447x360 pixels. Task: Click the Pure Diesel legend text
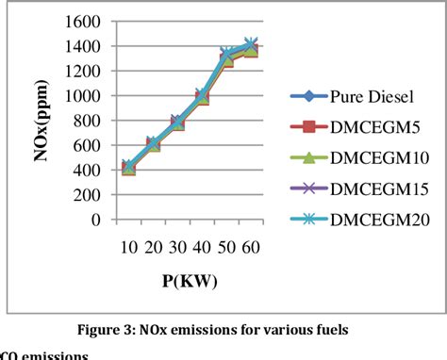(x=372, y=96)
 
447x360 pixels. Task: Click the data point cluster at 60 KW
(x=251, y=45)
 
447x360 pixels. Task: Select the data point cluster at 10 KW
(x=128, y=167)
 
